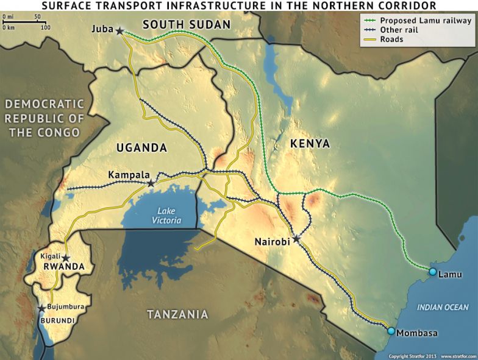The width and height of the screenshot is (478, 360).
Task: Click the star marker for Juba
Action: point(120,31)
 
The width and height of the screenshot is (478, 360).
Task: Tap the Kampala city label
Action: point(127,175)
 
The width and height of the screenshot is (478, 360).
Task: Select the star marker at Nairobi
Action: point(296,239)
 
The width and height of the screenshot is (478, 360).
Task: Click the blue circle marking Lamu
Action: point(432,272)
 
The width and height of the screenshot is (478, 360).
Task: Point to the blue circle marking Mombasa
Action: point(391,331)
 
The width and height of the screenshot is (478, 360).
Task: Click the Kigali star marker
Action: point(65,258)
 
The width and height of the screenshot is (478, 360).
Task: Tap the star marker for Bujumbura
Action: point(41,308)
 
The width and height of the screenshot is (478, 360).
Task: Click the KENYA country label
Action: point(310,144)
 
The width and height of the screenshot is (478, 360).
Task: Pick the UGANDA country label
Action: point(142,147)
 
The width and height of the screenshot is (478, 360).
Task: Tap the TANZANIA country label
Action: point(177,314)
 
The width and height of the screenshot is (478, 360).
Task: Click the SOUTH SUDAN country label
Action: point(186,25)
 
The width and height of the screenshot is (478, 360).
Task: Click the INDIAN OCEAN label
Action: point(443,308)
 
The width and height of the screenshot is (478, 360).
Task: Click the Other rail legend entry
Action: point(399,29)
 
